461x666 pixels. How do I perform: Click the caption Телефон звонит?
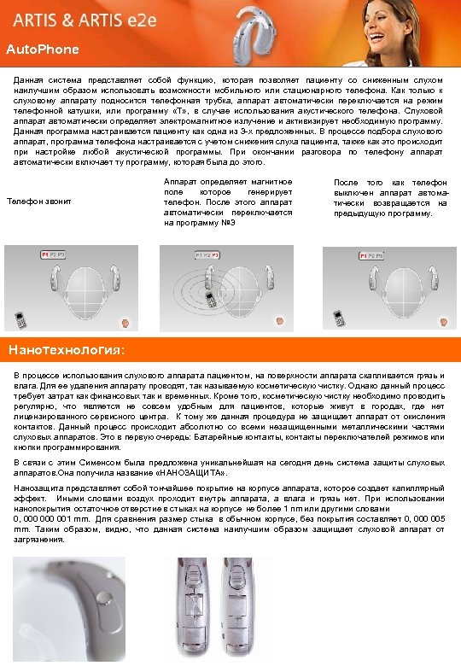[x=38, y=202]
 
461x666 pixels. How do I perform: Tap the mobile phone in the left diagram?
[x=20, y=321]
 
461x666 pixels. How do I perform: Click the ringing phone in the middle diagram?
[x=209, y=300]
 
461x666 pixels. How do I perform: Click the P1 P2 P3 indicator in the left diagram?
[x=54, y=255]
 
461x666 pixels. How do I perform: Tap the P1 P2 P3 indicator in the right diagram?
[x=372, y=255]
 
